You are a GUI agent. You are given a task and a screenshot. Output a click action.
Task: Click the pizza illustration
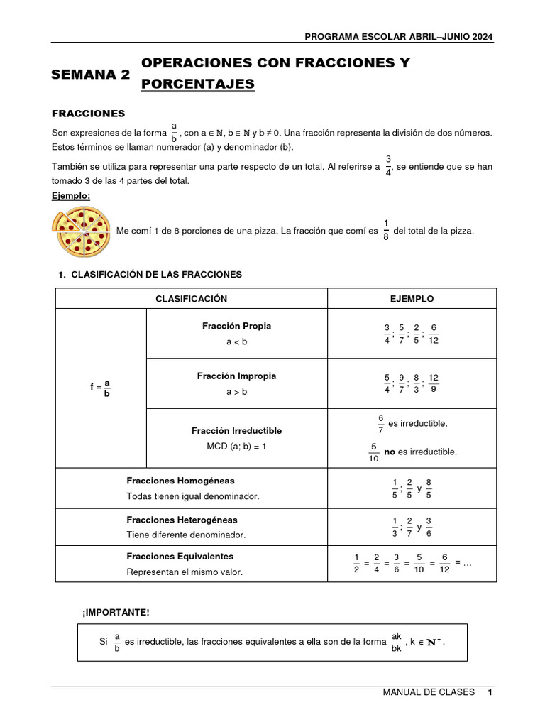[x=81, y=231]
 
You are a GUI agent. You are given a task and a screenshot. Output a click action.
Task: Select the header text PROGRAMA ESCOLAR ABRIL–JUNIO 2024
[x=399, y=38]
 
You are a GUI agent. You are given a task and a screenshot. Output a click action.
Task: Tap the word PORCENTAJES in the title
[x=197, y=84]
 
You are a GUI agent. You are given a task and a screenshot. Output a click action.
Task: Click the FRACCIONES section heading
[x=89, y=114]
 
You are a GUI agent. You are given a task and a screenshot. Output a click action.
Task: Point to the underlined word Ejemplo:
[x=71, y=195]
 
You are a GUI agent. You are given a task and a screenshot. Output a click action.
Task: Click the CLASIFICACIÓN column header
[x=191, y=299]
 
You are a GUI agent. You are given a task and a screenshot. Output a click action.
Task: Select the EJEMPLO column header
[x=412, y=299]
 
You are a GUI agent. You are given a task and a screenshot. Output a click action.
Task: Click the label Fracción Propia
[x=236, y=327]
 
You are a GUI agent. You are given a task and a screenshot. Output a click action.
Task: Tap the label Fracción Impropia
[x=236, y=376]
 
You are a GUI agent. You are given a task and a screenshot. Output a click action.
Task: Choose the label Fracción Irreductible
[x=236, y=431]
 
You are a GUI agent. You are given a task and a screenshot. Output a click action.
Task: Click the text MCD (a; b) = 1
[x=236, y=447]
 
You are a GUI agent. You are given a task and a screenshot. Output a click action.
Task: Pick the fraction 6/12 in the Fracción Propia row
[x=434, y=334]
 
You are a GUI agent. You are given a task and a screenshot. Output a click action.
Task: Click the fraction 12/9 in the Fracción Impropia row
[x=434, y=383]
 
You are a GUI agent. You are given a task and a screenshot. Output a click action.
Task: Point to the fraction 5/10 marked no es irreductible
[x=373, y=452]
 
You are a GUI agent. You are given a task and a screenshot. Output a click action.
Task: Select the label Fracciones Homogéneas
[x=180, y=481]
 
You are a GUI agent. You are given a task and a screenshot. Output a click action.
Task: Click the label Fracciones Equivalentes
[x=180, y=557]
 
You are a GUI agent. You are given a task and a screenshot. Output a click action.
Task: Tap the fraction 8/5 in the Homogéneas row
[x=429, y=488]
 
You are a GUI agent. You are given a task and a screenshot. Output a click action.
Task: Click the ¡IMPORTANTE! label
[x=116, y=612]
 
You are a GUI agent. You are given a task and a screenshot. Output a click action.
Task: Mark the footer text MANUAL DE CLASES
[x=429, y=692]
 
